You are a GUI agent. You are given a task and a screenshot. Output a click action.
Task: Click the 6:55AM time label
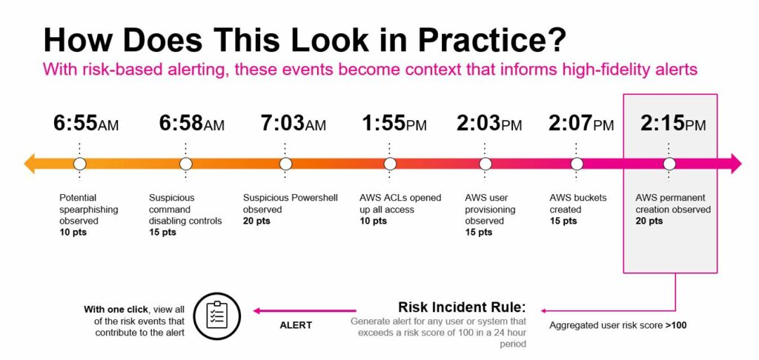pyautogui.click(x=86, y=124)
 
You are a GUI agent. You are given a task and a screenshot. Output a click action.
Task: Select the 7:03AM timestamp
pyautogui.click(x=293, y=124)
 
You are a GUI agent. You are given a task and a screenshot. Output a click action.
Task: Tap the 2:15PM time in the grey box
pyautogui.click(x=673, y=124)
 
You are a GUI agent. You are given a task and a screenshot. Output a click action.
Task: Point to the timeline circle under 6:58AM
pyautogui.click(x=186, y=164)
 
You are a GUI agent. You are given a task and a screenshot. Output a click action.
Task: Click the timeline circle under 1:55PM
pyautogui.click(x=390, y=164)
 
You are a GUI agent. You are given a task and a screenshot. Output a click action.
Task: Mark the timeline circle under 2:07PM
pyautogui.click(x=577, y=164)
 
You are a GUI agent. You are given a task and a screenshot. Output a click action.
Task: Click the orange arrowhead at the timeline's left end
pyautogui.click(x=29, y=164)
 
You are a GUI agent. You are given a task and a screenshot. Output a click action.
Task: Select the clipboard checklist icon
pyautogui.click(x=217, y=315)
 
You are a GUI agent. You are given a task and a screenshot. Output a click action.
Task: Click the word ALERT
pyautogui.click(x=296, y=325)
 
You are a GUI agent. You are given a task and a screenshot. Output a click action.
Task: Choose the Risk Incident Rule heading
pyautogui.click(x=461, y=307)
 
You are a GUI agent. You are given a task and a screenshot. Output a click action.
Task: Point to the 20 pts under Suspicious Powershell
pyautogui.click(x=256, y=221)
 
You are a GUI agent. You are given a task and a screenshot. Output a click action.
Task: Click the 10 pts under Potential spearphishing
pyautogui.click(x=73, y=233)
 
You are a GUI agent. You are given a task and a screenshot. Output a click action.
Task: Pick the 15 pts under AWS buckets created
pyautogui.click(x=563, y=221)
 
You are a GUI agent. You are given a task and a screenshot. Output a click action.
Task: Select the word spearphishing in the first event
pyautogui.click(x=89, y=210)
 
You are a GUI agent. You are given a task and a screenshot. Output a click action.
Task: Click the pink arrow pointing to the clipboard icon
pyautogui.click(x=305, y=310)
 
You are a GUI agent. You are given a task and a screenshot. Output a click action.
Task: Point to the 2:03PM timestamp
pyautogui.click(x=489, y=124)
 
